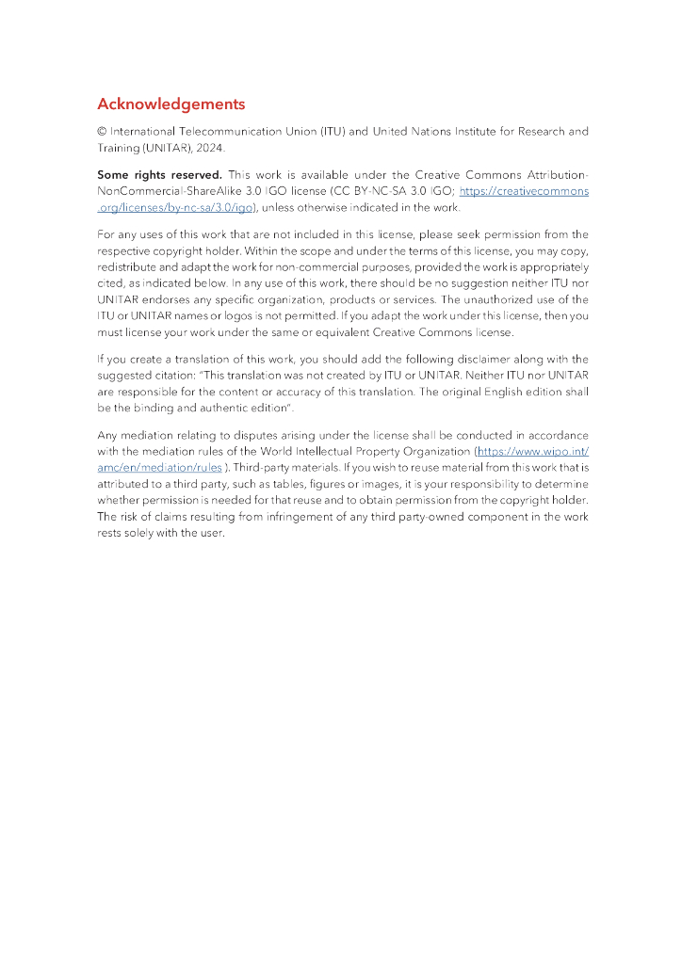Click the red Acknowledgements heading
click(x=170, y=104)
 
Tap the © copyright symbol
click(x=102, y=132)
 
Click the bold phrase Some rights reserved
click(x=159, y=175)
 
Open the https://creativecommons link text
click(x=524, y=191)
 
